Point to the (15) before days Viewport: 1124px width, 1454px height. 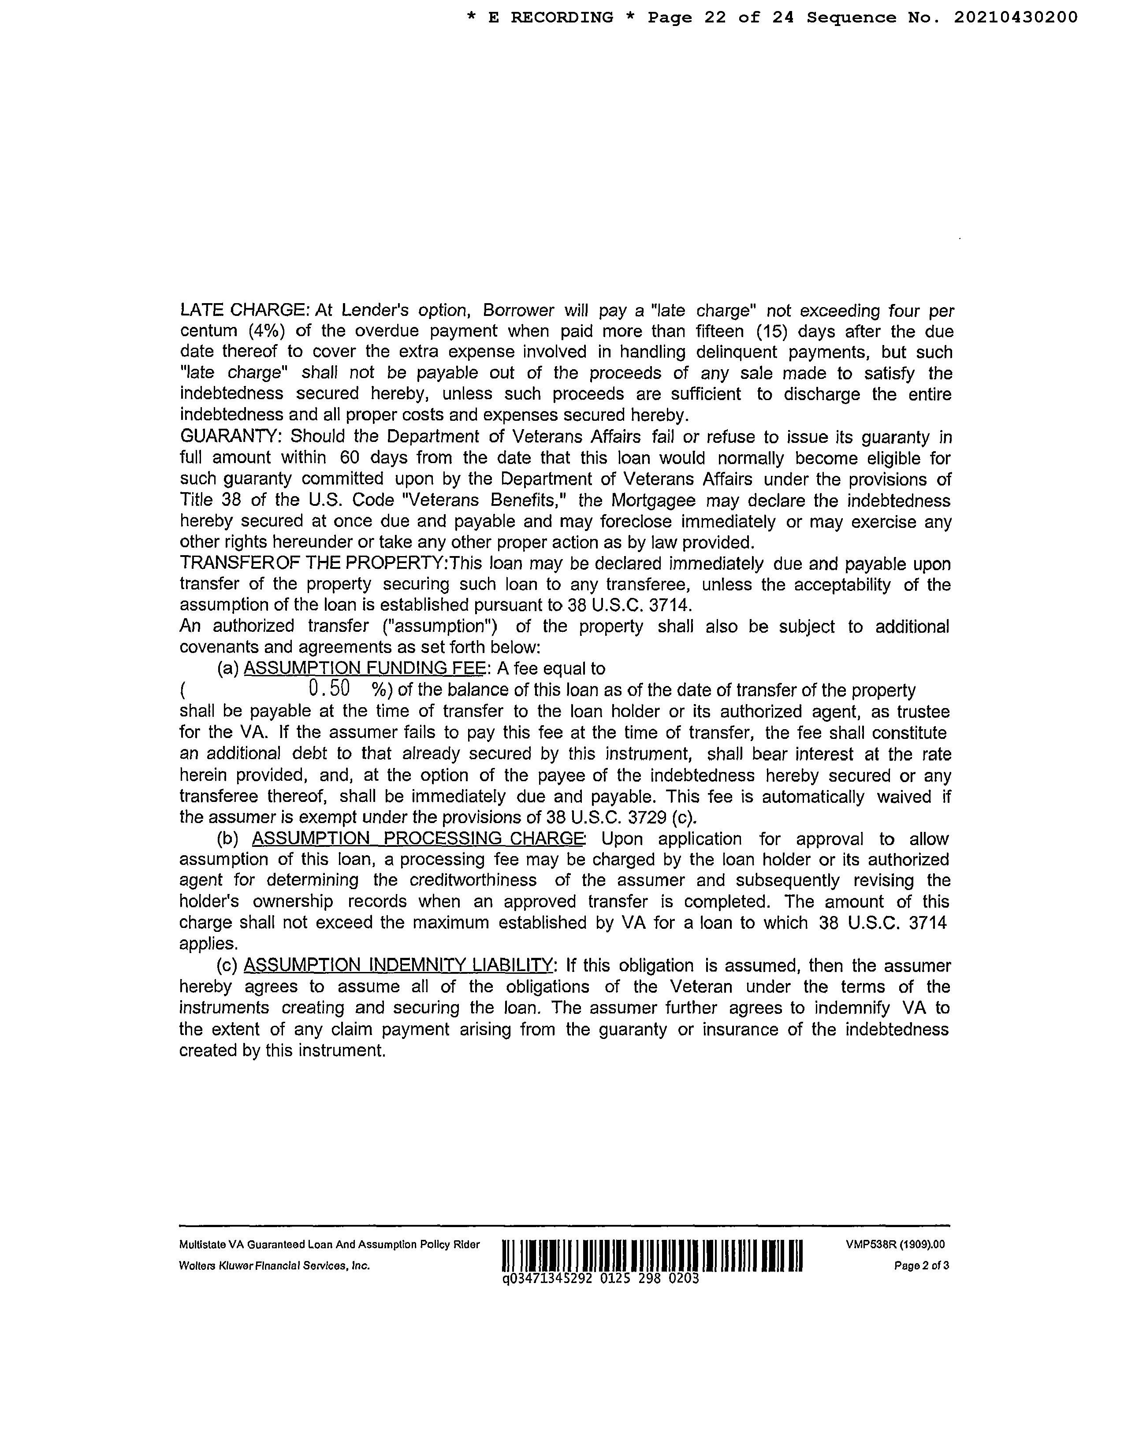[771, 331]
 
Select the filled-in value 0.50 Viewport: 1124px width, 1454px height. [330, 688]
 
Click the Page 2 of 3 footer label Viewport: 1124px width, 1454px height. [922, 1265]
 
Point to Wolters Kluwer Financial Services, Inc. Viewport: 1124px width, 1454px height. [274, 1265]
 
